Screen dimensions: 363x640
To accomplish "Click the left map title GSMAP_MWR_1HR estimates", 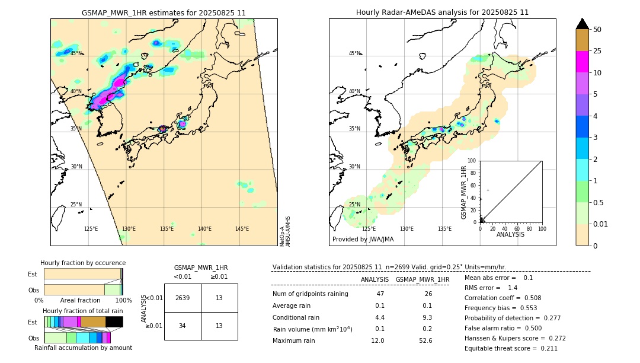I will [x=164, y=12].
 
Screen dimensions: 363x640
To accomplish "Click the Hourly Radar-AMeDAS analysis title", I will [x=442, y=12].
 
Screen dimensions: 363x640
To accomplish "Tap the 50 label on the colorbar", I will [x=597, y=30].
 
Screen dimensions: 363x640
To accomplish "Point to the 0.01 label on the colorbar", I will [x=601, y=224].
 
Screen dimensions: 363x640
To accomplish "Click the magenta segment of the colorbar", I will [x=582, y=62].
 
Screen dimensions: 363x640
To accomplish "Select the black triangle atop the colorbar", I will [x=582, y=24].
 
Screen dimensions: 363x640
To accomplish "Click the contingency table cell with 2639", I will [x=183, y=298].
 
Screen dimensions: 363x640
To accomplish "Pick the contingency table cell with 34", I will [x=183, y=326].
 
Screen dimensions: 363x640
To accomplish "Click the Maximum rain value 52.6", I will [x=425, y=340].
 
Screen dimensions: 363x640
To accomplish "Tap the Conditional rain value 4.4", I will [x=380, y=317].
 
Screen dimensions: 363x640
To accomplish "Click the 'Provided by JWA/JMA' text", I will [x=363, y=240].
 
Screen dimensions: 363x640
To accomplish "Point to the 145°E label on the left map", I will [x=242, y=229].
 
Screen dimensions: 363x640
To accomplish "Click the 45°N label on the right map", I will [x=354, y=53].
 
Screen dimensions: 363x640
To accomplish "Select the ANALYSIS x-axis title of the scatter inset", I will [x=510, y=234].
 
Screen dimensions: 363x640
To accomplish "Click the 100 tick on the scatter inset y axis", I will [x=472, y=161].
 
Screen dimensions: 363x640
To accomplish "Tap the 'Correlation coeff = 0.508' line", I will [x=504, y=298].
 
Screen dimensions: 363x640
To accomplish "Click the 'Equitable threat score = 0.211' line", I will [x=511, y=348].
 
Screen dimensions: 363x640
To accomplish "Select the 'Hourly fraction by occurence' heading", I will [x=83, y=263].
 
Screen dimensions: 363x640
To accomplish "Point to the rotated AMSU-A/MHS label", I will [x=288, y=231].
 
